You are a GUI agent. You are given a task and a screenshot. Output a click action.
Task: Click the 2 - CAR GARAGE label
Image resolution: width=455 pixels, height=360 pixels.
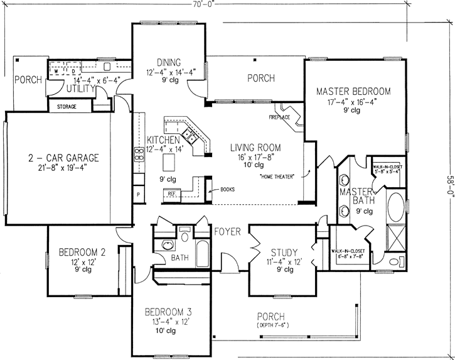pos(64,157)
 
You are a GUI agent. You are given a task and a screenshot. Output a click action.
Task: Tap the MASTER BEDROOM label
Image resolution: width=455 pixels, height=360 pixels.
pos(353,91)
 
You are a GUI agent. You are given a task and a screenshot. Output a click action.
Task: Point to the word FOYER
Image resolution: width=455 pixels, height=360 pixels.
pos(227,232)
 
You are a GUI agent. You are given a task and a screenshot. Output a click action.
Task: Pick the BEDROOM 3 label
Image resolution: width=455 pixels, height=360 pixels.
pos(168,312)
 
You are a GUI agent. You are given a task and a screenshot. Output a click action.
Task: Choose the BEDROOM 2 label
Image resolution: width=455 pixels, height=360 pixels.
pos(82,253)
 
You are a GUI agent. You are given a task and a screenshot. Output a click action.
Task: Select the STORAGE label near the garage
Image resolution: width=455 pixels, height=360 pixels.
pos(67,107)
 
